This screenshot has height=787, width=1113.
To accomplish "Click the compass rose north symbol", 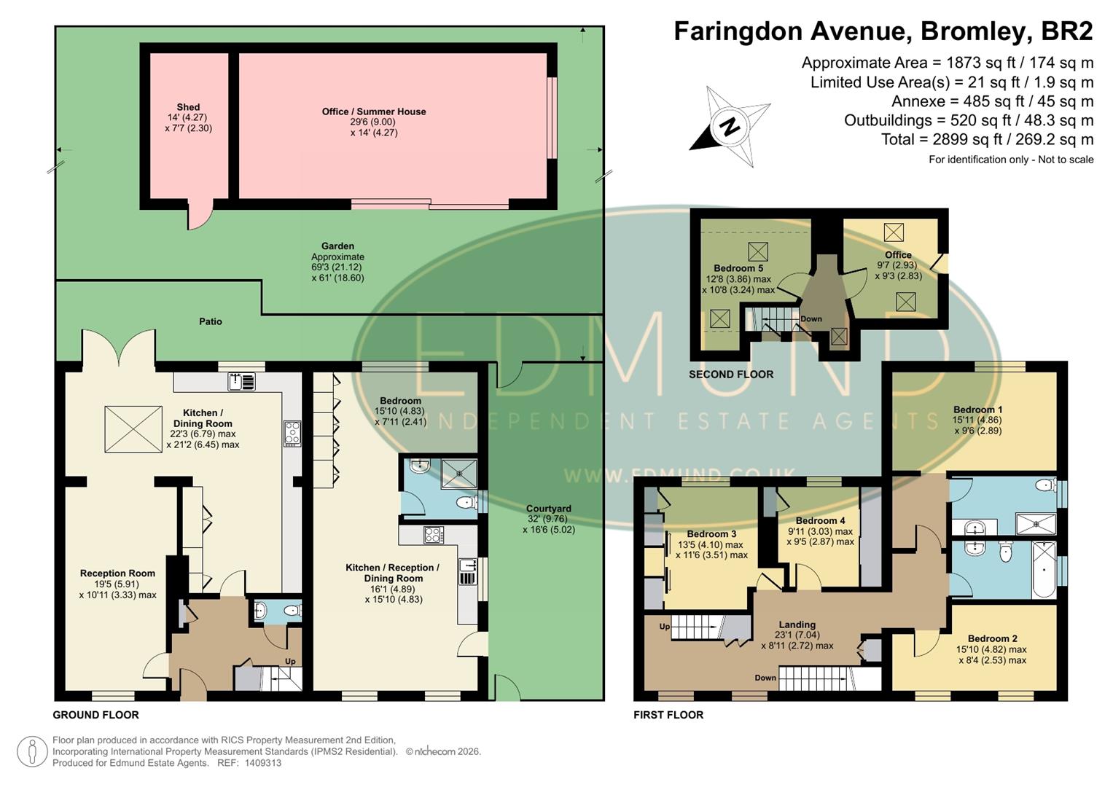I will [x=730, y=127].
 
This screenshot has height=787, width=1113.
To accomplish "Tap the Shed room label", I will [x=188, y=107].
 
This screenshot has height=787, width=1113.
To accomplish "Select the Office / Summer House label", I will [x=374, y=111].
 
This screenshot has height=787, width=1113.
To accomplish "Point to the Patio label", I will [x=210, y=321].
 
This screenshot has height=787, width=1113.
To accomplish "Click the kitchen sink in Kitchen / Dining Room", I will [x=241, y=381].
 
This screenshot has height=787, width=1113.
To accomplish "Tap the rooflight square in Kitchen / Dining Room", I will [x=133, y=429].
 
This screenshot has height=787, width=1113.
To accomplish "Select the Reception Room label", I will [x=117, y=573].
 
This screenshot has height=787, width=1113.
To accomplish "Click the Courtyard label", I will [x=548, y=509].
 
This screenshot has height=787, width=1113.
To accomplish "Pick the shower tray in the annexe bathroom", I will [x=459, y=473].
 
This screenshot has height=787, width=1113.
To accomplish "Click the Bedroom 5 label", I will [x=738, y=268].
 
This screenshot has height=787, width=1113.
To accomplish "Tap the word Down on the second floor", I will [x=811, y=319].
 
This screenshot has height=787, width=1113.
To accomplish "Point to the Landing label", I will [x=797, y=624].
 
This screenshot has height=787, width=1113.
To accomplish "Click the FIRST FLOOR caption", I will [x=668, y=715].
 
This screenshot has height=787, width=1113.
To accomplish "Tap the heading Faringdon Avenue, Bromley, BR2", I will [x=883, y=31].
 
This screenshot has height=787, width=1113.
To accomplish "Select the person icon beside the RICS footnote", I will [x=32, y=751].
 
